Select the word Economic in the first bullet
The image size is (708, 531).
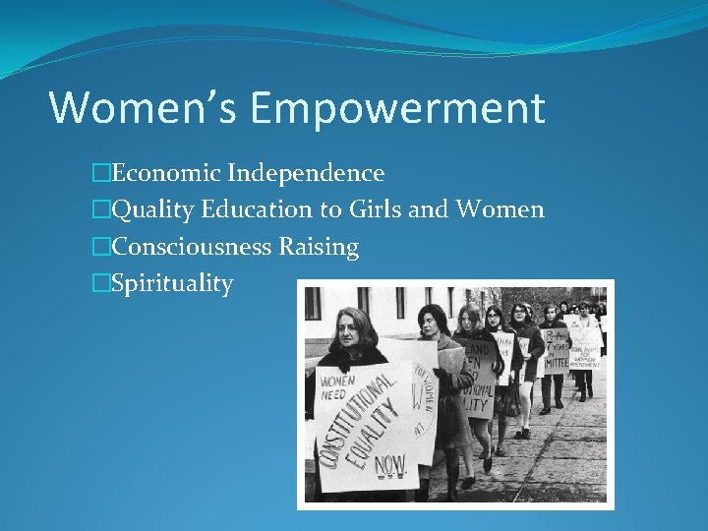(166, 173)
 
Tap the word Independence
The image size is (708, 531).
(306, 173)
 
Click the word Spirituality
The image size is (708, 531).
(172, 284)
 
